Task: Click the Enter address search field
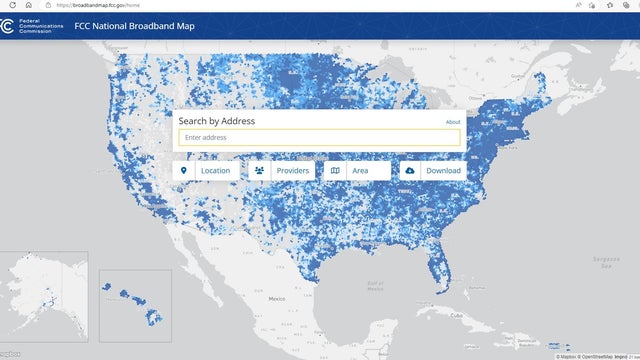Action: coord(319,138)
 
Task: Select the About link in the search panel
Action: coord(453,122)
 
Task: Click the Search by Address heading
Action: coord(216,121)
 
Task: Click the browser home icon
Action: coord(28,5)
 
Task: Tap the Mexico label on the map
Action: coord(276,299)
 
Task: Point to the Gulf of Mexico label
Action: coord(375,285)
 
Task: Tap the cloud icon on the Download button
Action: coord(410,171)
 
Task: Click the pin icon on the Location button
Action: coord(183,171)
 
